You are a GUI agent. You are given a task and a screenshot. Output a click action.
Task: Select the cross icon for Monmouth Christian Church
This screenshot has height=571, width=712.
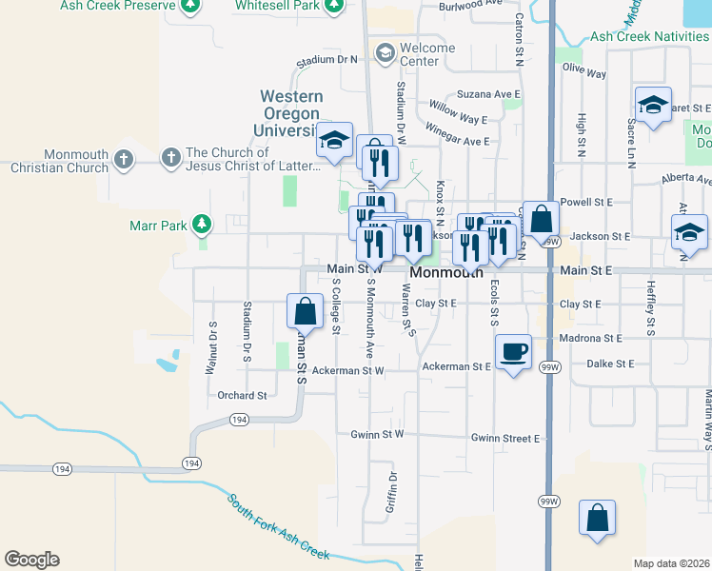point(124,158)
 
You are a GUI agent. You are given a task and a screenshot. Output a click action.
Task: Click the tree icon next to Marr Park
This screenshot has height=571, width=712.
point(201,225)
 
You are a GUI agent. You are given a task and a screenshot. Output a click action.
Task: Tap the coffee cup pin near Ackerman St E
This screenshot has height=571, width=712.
point(514,352)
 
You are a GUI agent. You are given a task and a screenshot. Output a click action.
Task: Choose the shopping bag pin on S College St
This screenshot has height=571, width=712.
point(305,311)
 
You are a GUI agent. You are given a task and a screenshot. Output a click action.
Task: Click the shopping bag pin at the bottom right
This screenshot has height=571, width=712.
point(597,519)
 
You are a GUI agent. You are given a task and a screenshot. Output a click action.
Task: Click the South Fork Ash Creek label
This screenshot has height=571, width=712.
point(278,525)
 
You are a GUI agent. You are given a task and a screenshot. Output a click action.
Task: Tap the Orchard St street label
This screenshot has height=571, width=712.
point(242,395)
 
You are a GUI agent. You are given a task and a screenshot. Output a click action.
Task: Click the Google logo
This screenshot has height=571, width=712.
point(31,560)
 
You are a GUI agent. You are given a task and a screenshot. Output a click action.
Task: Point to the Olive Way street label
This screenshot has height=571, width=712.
point(584,71)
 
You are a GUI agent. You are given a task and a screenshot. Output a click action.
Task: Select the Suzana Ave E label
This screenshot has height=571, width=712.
point(488,94)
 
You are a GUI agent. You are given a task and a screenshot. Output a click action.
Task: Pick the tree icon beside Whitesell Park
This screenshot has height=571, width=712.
point(332,8)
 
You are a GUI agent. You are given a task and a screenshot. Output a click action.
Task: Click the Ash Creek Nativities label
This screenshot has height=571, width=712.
point(649,36)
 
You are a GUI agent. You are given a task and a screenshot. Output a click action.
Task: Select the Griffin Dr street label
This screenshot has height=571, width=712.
point(391,491)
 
